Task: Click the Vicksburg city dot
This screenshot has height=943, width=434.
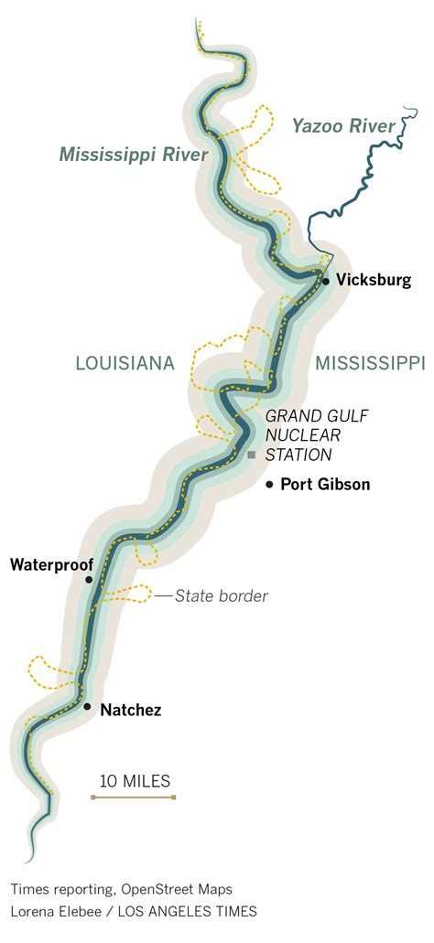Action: coord(326,281)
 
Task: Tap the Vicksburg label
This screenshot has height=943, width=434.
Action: coord(374,281)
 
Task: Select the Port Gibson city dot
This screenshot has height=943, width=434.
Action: coord(269,484)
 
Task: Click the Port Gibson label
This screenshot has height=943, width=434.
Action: coord(325,485)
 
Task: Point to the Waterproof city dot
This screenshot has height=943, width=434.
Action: coord(89,580)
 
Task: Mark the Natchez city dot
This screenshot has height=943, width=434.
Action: coord(87,707)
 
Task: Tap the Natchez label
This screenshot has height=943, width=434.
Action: coord(130,709)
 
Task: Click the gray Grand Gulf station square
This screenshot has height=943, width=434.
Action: coord(251,455)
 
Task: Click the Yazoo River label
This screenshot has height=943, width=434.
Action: coord(343,125)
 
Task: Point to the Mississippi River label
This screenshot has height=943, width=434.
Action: coord(135,155)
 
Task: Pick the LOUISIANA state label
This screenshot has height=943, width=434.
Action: coord(125,364)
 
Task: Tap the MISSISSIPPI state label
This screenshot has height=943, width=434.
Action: coord(370,364)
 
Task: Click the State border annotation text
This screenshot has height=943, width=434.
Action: coord(222,596)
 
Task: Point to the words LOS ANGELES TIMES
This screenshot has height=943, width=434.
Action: coord(194,911)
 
